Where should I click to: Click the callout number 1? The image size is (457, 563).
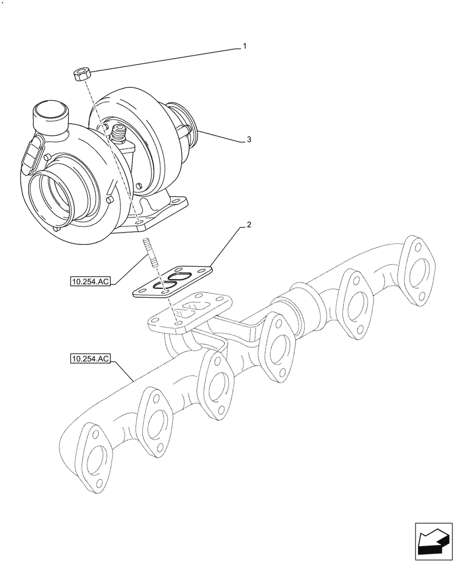coord(245,47)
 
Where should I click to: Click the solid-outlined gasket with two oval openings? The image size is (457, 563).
coord(174,281)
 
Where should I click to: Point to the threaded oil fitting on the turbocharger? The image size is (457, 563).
coord(119,135)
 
